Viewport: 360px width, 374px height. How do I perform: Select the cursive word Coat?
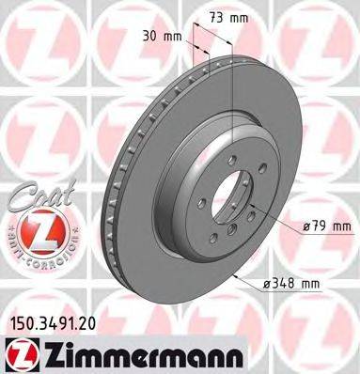pyautogui.click(x=37, y=194)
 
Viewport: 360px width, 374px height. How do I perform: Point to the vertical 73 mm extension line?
pyautogui.click(x=230, y=75)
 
